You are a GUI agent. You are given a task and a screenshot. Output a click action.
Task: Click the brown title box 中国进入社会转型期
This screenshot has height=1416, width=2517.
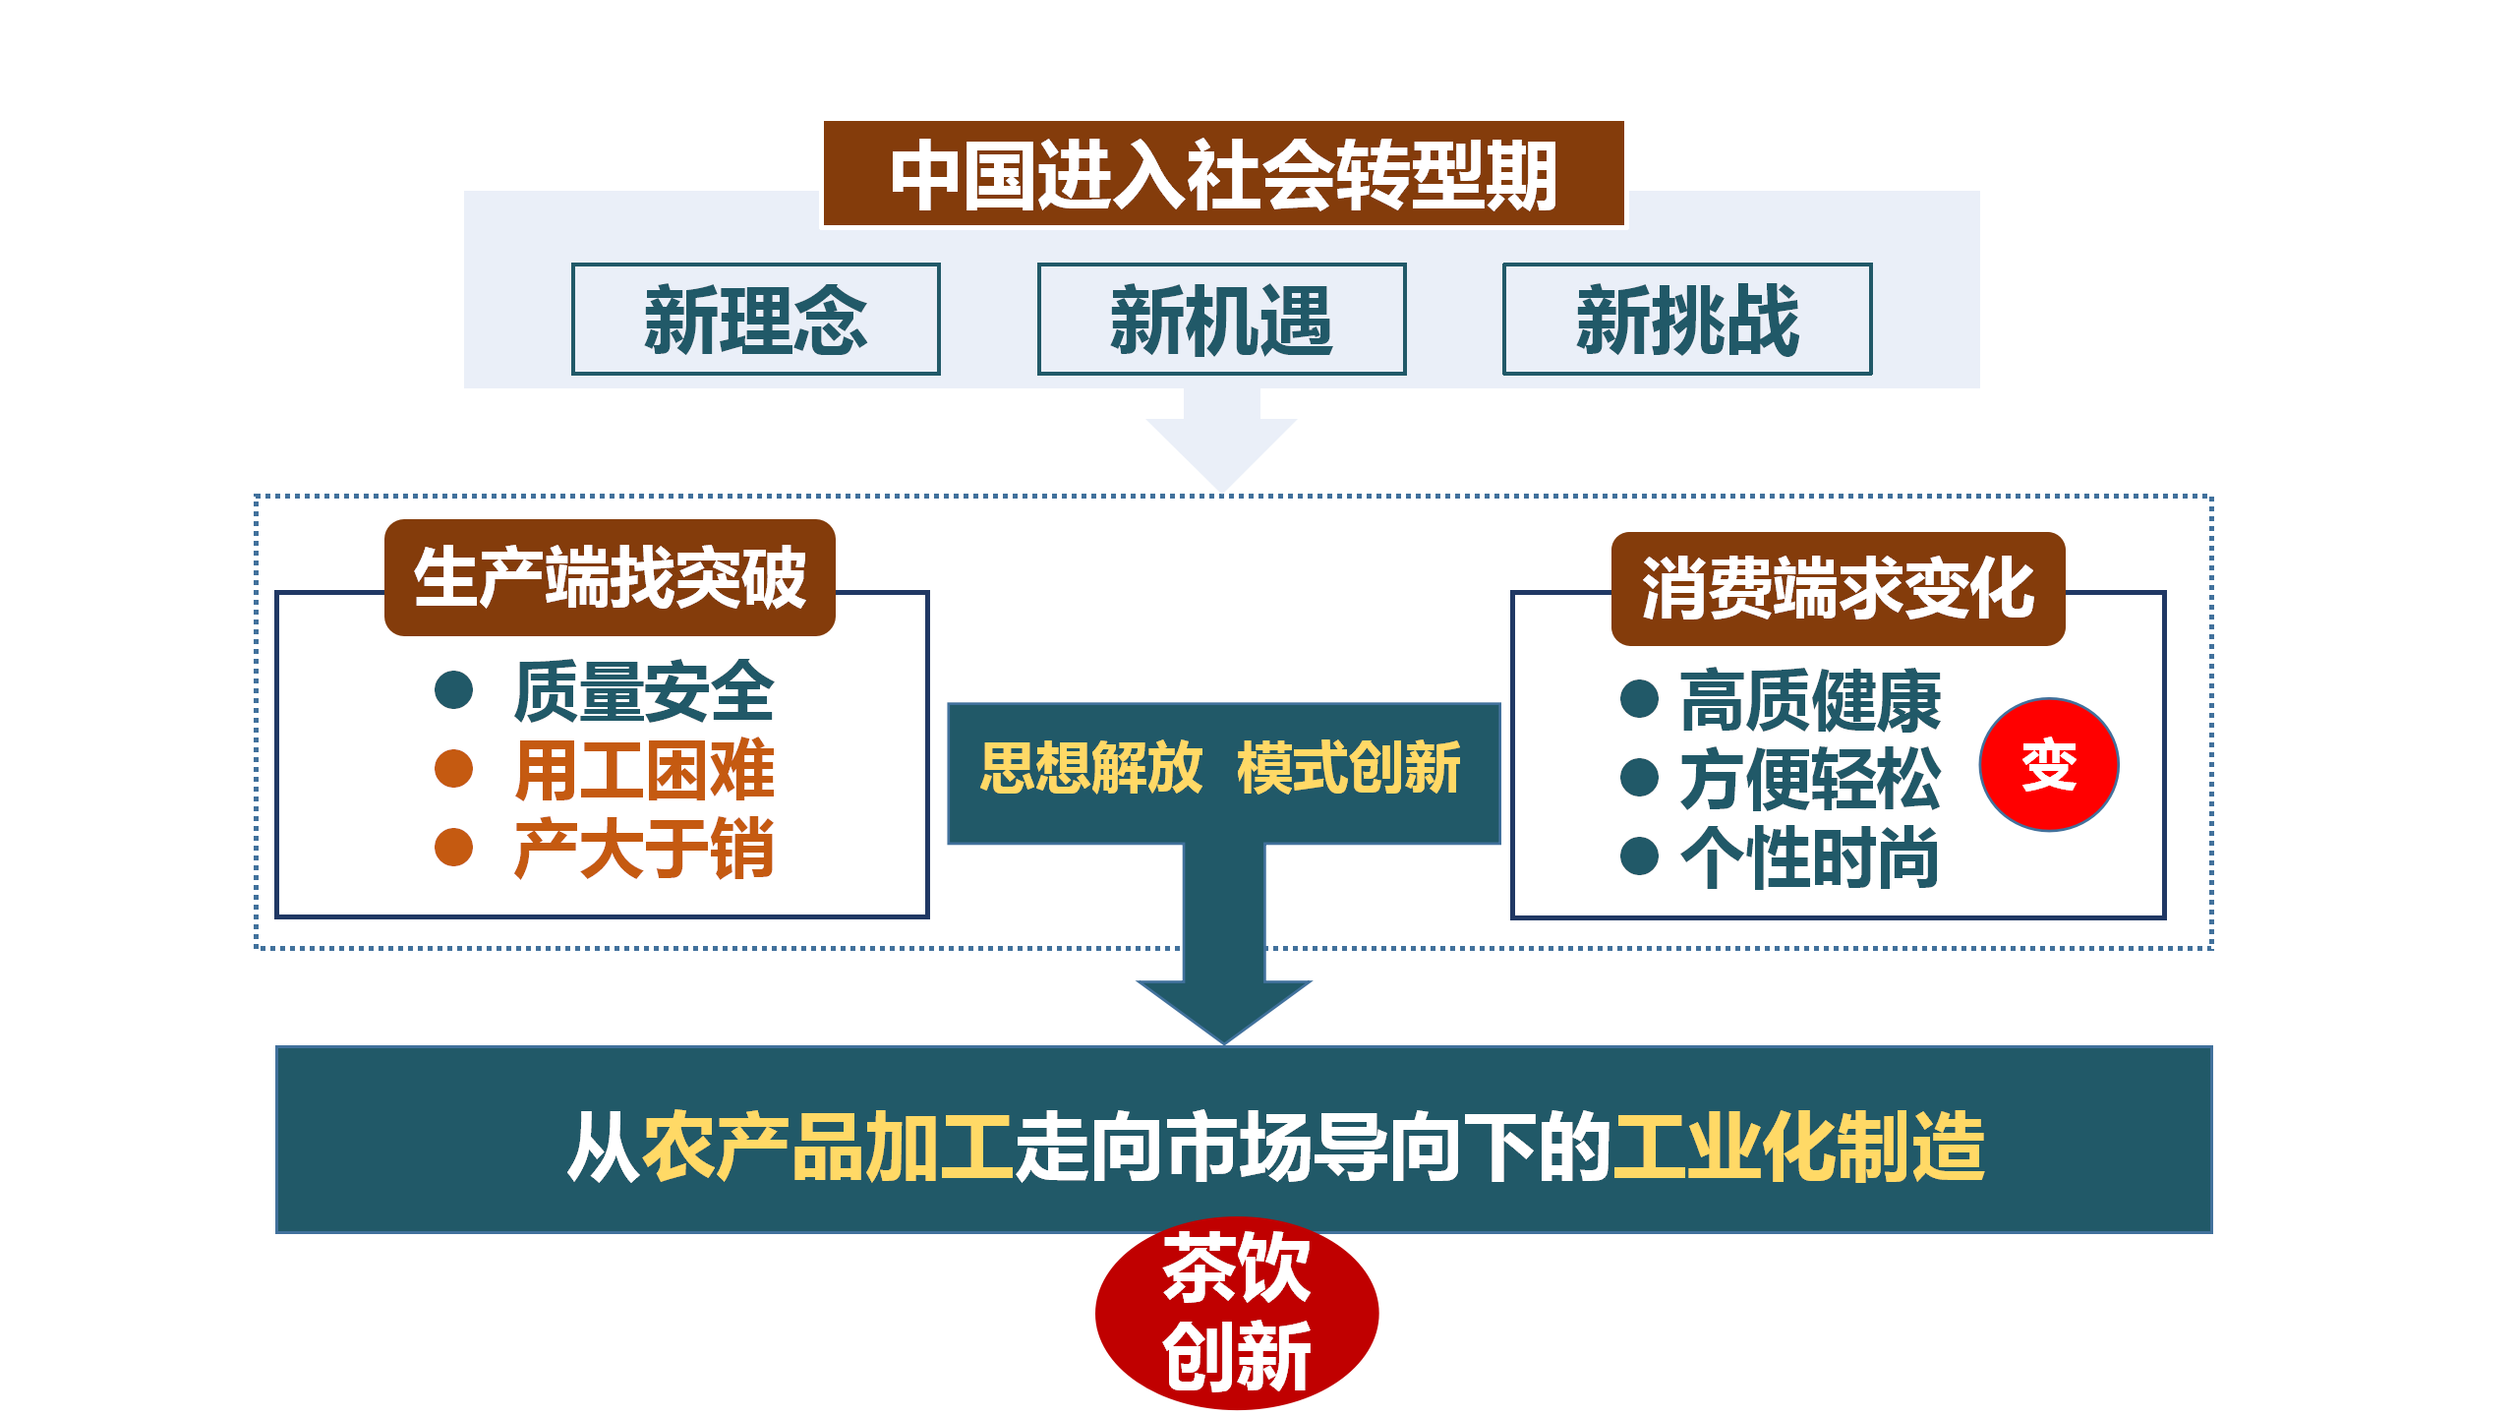[x=1222, y=174]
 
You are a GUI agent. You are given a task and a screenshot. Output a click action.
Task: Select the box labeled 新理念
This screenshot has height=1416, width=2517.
[x=755, y=319]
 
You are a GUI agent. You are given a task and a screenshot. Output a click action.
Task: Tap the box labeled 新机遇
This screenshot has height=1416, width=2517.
[x=1221, y=319]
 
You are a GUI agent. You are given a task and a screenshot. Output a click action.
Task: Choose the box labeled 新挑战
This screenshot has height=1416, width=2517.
[x=1687, y=319]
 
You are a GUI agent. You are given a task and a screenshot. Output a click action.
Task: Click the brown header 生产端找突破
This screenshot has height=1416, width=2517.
[x=610, y=578]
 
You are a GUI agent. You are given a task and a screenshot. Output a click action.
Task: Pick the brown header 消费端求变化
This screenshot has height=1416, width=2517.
[x=1838, y=589]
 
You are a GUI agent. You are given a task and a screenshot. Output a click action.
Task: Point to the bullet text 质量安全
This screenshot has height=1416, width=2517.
[x=644, y=691]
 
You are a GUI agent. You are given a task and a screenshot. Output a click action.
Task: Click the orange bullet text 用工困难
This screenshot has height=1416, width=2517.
[x=644, y=770]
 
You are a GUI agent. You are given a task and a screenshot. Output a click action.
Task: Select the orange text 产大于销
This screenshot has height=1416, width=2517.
[x=644, y=849]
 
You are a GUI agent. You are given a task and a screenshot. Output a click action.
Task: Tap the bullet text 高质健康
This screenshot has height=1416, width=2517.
[x=1810, y=700]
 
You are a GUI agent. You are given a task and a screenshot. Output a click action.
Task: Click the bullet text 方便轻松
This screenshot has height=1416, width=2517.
[x=1810, y=779]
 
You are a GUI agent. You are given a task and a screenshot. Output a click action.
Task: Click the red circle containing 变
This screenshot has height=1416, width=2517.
[x=2049, y=765]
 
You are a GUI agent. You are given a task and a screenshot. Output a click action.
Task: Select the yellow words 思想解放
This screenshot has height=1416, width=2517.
[x=1090, y=768]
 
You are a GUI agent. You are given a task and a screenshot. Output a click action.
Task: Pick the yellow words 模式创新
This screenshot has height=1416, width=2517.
[x=1349, y=768]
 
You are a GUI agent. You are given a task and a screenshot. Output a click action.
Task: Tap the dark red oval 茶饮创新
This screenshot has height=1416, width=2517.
[x=1237, y=1313]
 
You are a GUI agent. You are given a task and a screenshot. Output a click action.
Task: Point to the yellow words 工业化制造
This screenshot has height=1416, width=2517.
[x=1798, y=1147]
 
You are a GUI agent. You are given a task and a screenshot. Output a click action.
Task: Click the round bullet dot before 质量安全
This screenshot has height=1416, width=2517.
[x=454, y=689]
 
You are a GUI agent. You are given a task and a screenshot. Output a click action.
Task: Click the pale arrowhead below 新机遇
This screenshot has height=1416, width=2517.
[x=1221, y=447]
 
